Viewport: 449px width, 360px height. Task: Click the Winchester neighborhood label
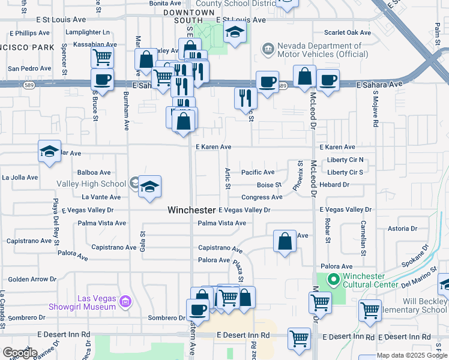[x=191, y=210]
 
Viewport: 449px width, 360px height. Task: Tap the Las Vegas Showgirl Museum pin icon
[x=125, y=300]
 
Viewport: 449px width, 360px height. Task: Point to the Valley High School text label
[x=91, y=184]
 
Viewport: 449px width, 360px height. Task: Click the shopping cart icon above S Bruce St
[x=103, y=58]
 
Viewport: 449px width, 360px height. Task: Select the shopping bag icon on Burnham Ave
[x=146, y=60]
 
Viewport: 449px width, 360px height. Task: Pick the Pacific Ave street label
[x=258, y=172]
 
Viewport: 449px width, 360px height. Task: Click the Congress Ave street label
[x=262, y=197]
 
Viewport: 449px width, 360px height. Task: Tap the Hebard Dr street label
[x=334, y=185]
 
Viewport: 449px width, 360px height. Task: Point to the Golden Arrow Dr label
[x=32, y=279]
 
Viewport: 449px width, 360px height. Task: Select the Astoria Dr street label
[x=402, y=229]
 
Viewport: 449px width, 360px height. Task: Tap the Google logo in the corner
[x=19, y=353]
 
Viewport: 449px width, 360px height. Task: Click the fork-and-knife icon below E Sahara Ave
[x=245, y=98]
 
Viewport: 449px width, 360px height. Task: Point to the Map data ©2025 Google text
[x=412, y=355]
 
